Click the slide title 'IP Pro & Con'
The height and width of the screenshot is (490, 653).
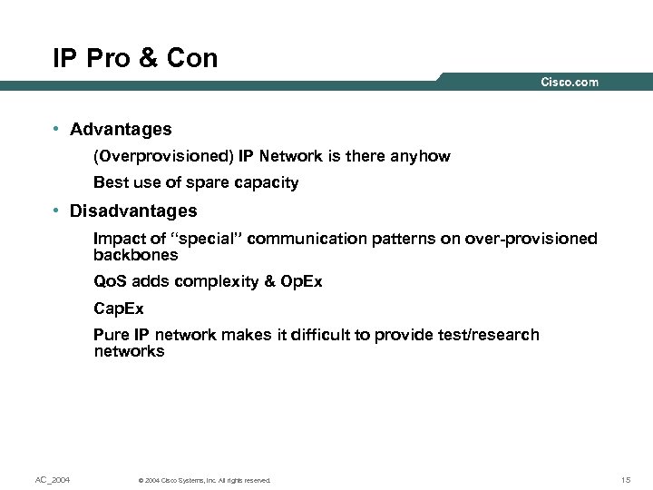pyautogui.click(x=135, y=59)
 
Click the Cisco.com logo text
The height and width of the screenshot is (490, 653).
pyautogui.click(x=570, y=83)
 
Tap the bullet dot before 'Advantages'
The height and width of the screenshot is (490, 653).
pyautogui.click(x=56, y=130)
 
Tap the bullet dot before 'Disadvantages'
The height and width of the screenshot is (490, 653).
pyautogui.click(x=56, y=211)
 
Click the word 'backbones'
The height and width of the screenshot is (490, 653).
pyautogui.click(x=136, y=255)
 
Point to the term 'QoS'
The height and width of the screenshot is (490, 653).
pyautogui.click(x=112, y=281)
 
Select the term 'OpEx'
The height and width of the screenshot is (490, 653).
pyautogui.click(x=301, y=281)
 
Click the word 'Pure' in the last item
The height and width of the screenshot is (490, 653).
pyautogui.click(x=112, y=335)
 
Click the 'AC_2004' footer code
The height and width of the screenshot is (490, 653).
pyautogui.click(x=52, y=479)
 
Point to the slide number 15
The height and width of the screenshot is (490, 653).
pyautogui.click(x=626, y=479)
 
